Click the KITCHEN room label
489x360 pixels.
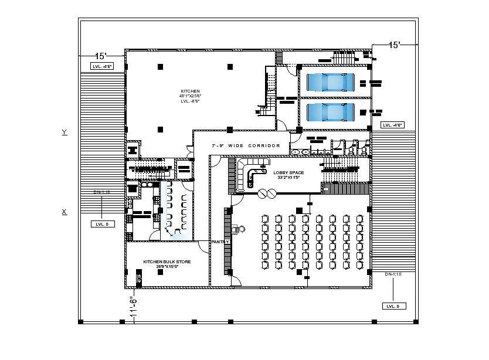click(x=190, y=91)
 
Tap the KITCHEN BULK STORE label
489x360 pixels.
click(x=167, y=261)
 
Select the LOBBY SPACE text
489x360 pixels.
click(x=288, y=172)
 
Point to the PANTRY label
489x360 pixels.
click(x=220, y=242)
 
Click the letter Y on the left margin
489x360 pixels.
click(x=64, y=133)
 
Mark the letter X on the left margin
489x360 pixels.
click(x=64, y=212)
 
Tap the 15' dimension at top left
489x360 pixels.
click(x=101, y=56)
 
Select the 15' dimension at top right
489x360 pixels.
click(x=395, y=45)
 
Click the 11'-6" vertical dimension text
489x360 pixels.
click(x=133, y=308)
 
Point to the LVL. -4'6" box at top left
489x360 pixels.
click(x=102, y=67)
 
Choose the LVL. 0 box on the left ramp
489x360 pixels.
click(x=102, y=223)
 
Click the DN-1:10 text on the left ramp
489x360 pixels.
click(x=102, y=192)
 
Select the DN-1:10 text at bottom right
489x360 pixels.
click(x=393, y=274)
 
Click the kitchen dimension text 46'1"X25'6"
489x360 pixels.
click(x=190, y=96)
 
